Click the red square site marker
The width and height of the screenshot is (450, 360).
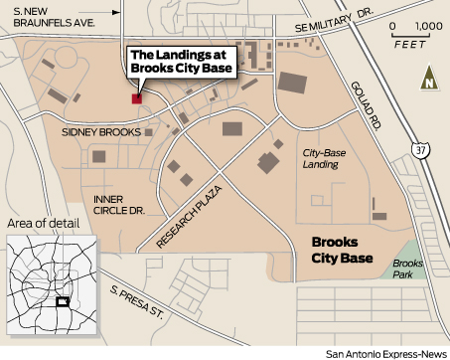click(x=136, y=98)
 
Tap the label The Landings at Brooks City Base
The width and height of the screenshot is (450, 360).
click(x=182, y=61)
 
